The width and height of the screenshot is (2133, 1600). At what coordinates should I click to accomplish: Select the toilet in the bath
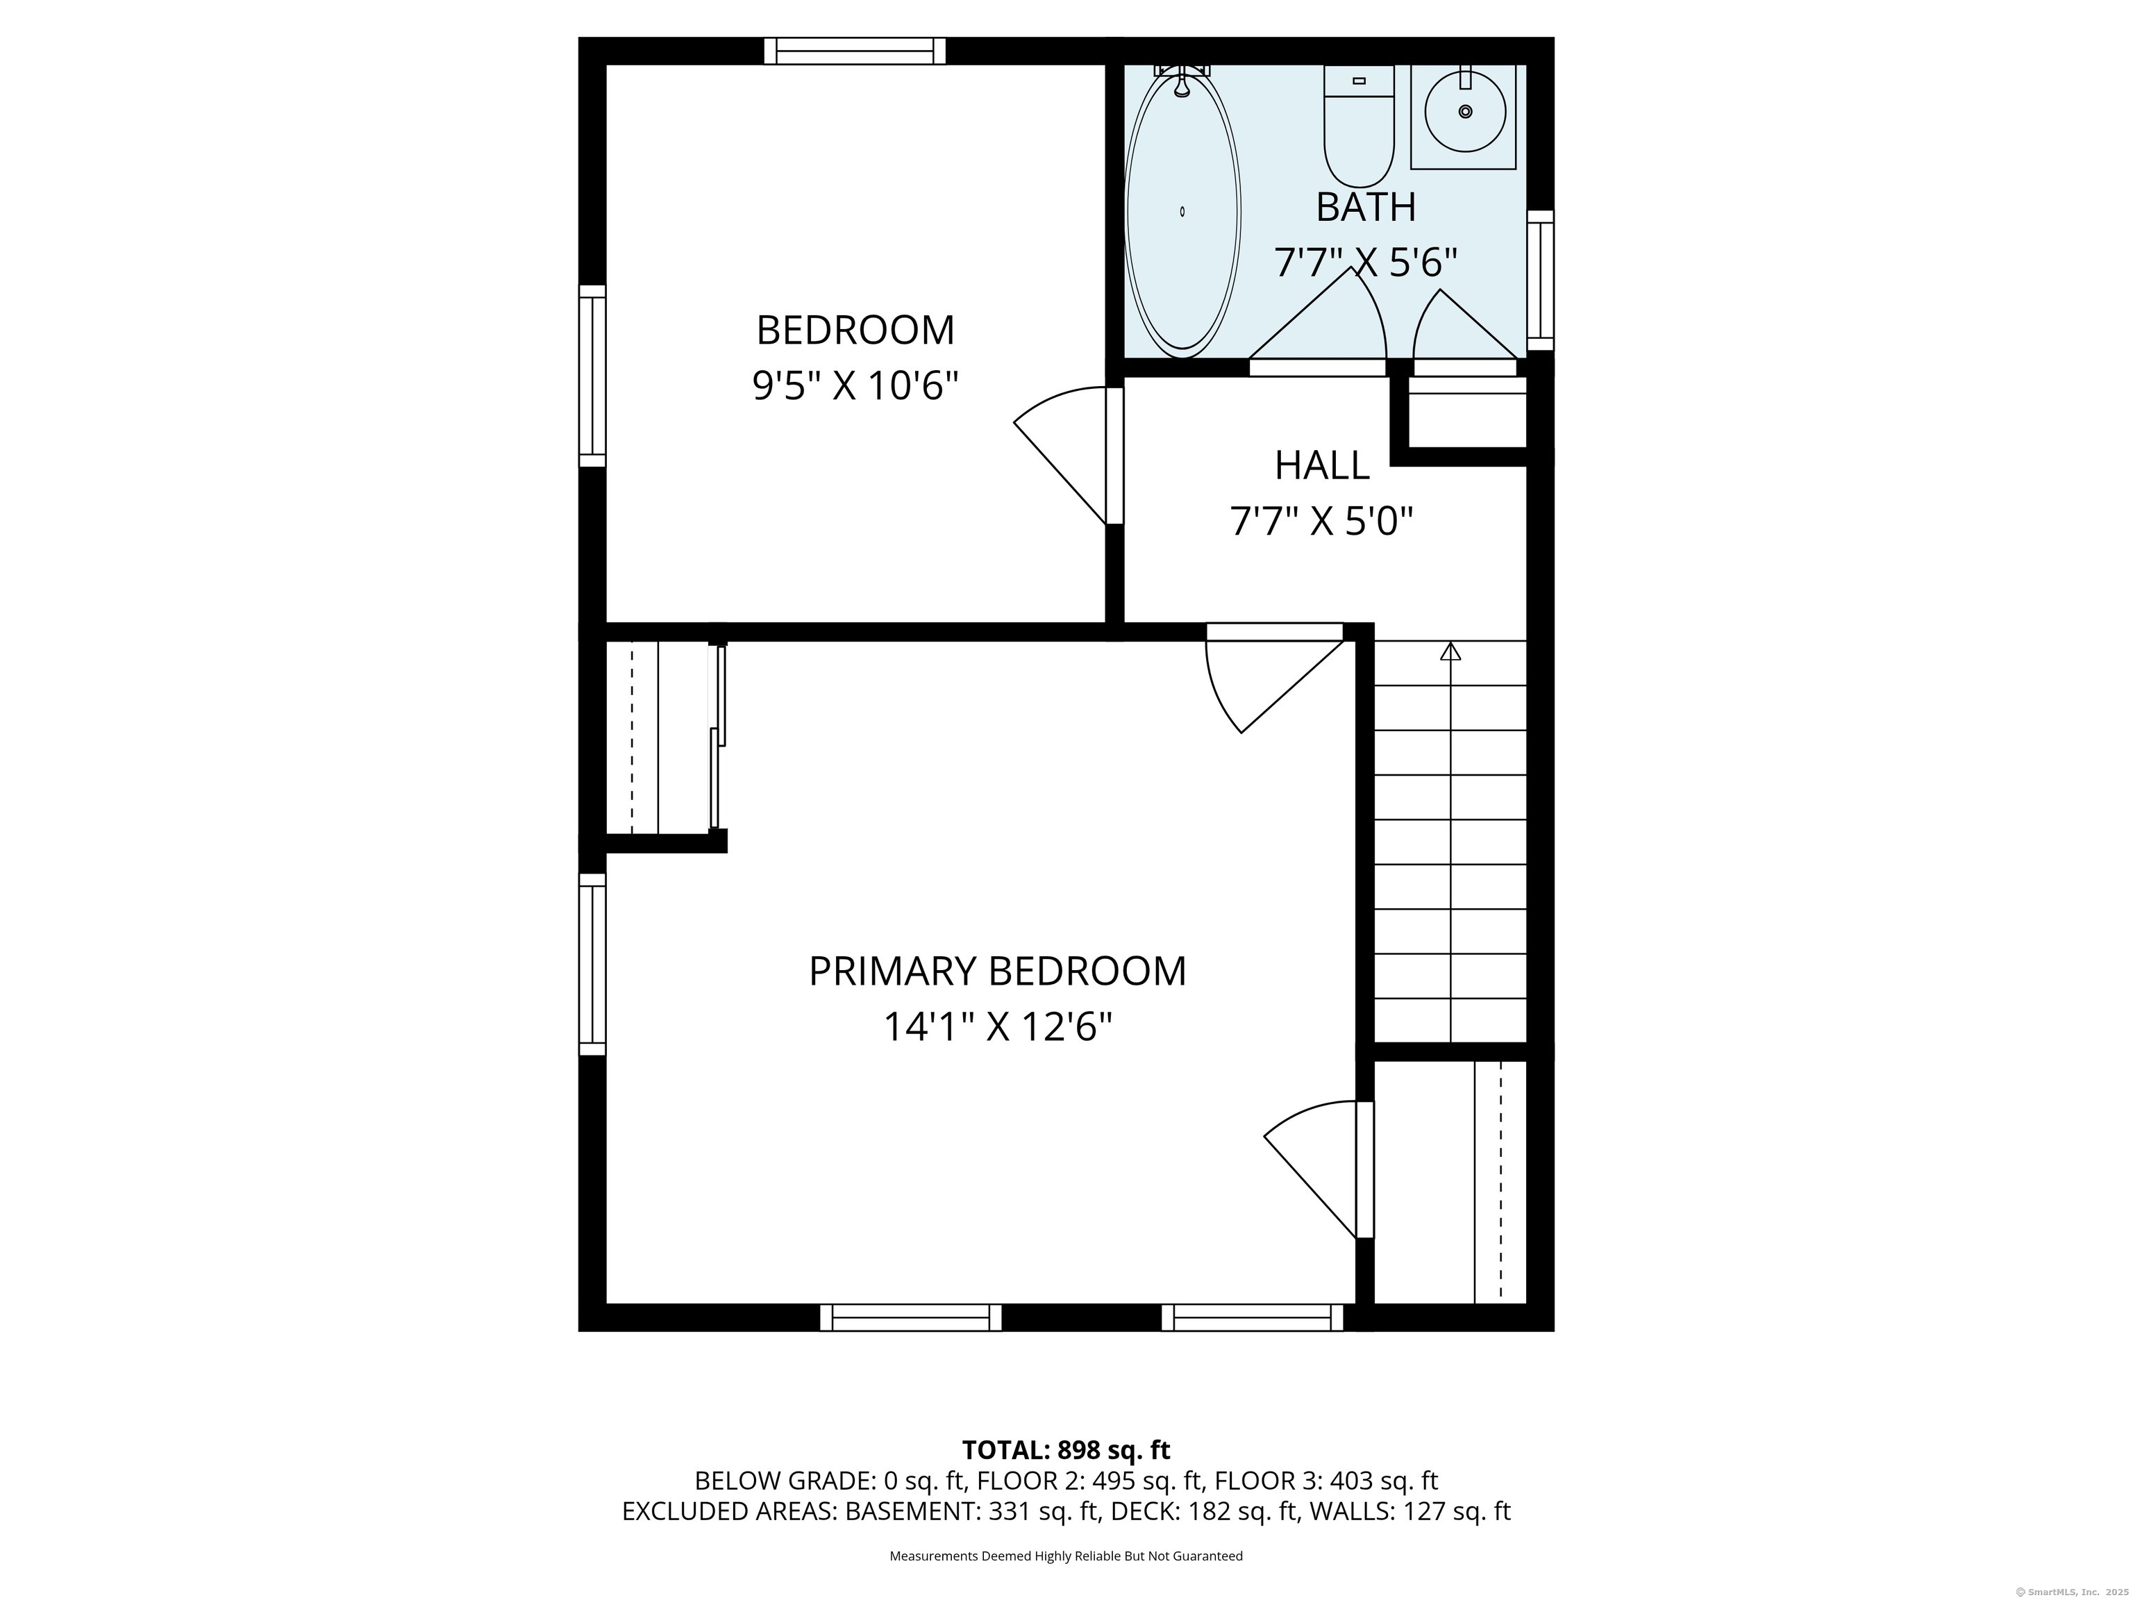[x=1359, y=126]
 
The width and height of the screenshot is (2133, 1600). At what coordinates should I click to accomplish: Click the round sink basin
[x=1465, y=112]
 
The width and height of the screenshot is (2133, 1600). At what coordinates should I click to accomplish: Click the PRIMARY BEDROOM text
[x=997, y=972]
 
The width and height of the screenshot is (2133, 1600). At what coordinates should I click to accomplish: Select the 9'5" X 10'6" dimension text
[x=855, y=387]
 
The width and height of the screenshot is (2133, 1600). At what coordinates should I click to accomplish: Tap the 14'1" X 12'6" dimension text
[x=997, y=1026]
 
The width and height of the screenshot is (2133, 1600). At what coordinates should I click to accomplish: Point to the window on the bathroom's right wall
[x=1540, y=280]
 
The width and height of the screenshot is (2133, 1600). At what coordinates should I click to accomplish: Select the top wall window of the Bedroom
[x=854, y=51]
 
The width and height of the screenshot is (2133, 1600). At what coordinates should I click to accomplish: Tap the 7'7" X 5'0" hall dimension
[x=1321, y=522]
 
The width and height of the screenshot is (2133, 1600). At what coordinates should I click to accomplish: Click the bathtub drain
[x=1182, y=211]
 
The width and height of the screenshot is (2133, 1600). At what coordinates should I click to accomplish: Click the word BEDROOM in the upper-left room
[x=855, y=331]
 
